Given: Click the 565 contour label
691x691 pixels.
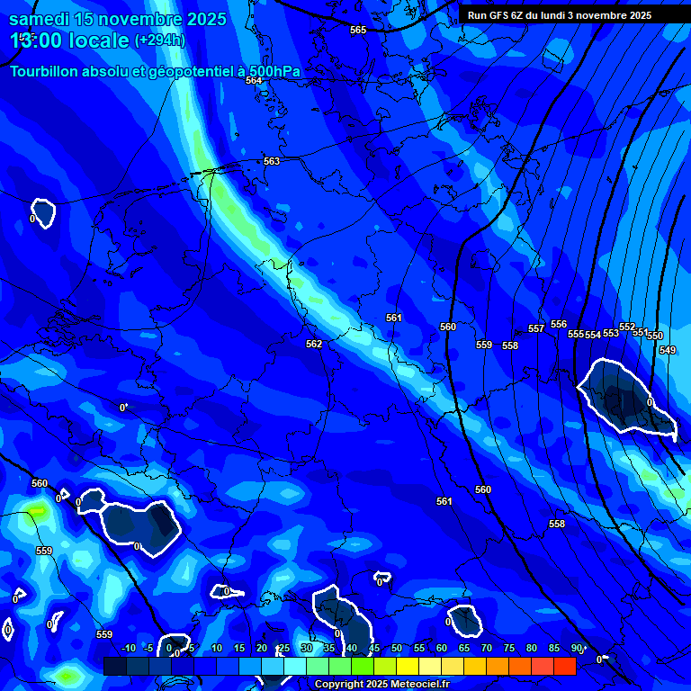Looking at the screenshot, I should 358,30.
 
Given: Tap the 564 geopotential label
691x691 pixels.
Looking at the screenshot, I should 254,80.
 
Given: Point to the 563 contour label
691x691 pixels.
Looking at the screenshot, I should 272,161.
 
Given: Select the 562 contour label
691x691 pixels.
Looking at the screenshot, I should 313,344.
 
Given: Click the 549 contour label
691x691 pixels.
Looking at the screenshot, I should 667,350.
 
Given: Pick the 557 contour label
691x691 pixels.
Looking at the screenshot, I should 536,328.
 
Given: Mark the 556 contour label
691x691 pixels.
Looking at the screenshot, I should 559,324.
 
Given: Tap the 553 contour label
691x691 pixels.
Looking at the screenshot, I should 611,333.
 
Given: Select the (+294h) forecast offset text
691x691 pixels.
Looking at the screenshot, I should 159,40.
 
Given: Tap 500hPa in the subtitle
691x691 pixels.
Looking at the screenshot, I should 274,71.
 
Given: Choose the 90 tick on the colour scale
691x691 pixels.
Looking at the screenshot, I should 576,648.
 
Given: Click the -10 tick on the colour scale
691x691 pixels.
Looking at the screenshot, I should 129,648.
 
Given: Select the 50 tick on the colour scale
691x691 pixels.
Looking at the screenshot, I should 396,648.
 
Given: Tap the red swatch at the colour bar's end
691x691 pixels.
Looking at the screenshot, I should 564,666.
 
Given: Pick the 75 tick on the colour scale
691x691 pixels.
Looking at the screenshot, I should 508,648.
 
